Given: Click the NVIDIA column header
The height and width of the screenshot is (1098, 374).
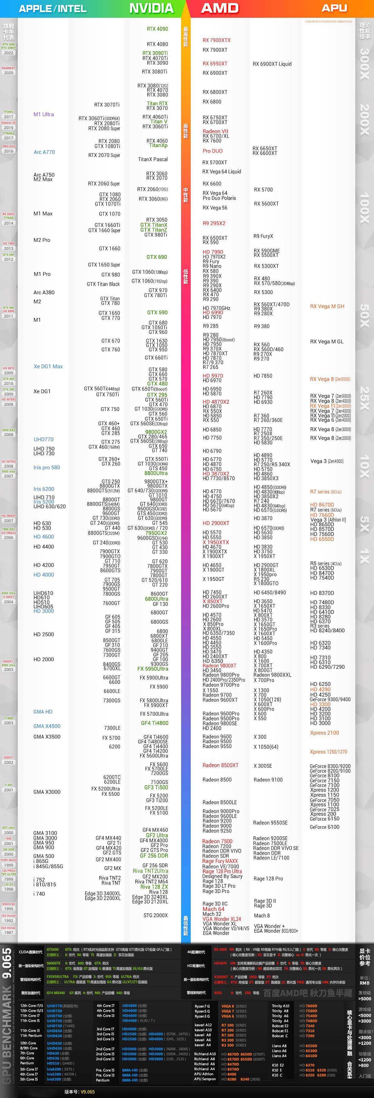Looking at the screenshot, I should tap(151, 8).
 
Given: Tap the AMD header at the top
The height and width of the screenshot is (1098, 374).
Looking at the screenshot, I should tap(220, 8).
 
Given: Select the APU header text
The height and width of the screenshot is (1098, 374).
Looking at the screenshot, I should tap(334, 8).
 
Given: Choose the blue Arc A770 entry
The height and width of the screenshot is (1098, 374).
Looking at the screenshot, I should tap(44, 152).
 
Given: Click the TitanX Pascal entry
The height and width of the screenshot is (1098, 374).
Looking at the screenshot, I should tap(152, 159).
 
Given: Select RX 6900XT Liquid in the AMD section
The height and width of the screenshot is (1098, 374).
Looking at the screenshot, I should tap(272, 64).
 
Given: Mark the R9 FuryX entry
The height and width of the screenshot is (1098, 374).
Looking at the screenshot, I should tap(263, 236).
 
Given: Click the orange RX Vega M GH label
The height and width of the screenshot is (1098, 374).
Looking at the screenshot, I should tap(327, 306).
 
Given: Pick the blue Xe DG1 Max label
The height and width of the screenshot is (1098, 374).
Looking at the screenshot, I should tap(48, 367).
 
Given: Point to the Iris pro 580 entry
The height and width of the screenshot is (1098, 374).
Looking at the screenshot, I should tap(46, 468).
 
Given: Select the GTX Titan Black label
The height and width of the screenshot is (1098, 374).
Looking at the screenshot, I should tap(103, 284).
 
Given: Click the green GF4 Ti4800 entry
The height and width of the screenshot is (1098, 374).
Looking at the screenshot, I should tap(154, 723).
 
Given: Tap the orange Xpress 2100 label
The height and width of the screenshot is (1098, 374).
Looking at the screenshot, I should tap(324, 733).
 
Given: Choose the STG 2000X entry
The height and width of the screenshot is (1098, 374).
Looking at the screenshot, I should tap(156, 916).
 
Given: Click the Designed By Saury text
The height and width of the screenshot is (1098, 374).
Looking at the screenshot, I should tap(222, 876).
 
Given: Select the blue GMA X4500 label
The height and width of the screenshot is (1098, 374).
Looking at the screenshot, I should tap(47, 726).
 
